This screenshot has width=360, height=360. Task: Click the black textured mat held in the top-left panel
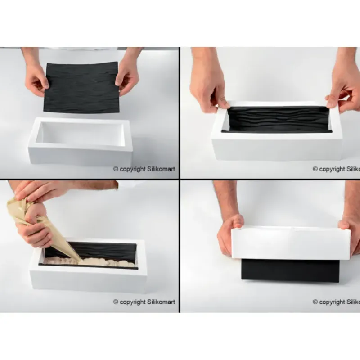tap(81, 88)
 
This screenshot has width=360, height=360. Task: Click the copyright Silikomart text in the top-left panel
tap(144, 169)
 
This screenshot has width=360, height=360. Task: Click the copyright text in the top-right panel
tap(336, 169)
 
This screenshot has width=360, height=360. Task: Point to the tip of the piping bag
tap(79, 259)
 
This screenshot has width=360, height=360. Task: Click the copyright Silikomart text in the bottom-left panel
tap(144, 302)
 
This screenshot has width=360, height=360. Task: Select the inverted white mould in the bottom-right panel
tap(290, 243)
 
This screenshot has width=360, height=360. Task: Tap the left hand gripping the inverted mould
tap(229, 234)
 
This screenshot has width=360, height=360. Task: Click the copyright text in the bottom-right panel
tap(336, 302)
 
